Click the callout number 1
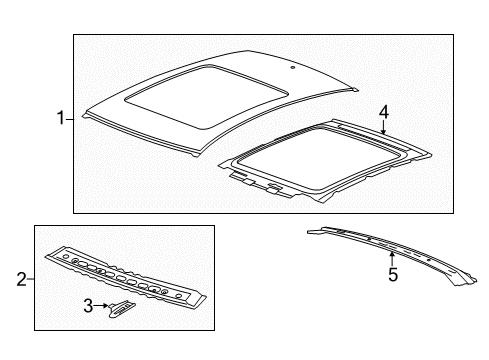tap(61, 118)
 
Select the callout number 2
tap(21, 279)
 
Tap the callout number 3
tap(88, 305)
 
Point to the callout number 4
tap(384, 112)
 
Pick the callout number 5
tap(393, 275)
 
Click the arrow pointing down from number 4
tap(384, 127)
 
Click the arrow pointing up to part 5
tap(392, 259)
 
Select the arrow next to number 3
tap(101, 305)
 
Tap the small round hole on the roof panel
tap(292, 68)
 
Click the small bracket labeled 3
tap(122, 308)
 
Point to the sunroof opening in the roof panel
tap(206, 96)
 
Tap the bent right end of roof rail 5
tap(465, 278)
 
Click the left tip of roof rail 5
tap(309, 232)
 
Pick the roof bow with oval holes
tap(126, 277)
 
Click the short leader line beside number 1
tap(69, 119)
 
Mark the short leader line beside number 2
tap(31, 279)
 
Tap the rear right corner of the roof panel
tap(356, 89)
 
